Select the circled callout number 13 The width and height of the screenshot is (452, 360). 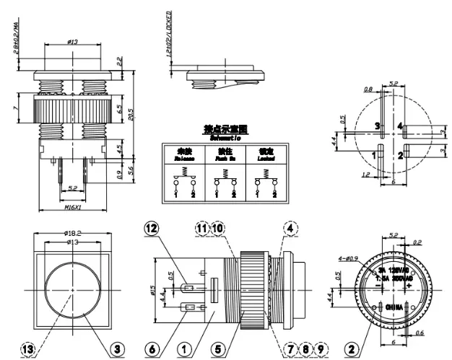(27, 349)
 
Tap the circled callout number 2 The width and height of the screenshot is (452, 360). (352, 349)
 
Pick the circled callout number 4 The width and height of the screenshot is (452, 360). (290, 228)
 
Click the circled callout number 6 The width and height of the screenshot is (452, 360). (151, 349)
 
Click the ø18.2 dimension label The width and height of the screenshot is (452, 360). (71, 233)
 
